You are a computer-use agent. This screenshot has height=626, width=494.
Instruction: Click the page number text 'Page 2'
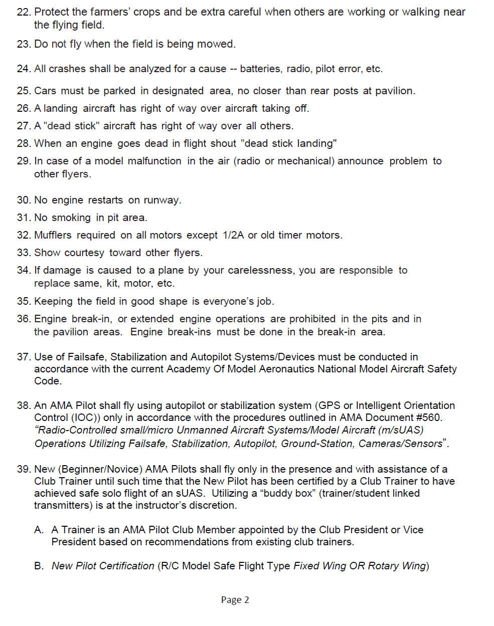(x=235, y=600)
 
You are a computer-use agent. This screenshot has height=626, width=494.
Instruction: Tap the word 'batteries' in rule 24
(x=260, y=69)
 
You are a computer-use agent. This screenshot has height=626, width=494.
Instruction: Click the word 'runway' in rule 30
(x=161, y=200)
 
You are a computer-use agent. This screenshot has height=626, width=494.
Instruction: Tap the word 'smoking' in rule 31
(x=71, y=218)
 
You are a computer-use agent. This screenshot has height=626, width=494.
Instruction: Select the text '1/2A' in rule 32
(x=233, y=235)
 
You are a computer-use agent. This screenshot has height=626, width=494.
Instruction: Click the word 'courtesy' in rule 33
(x=84, y=253)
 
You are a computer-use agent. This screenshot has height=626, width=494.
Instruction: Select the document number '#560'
(x=428, y=418)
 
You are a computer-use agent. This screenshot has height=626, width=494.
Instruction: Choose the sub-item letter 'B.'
(x=39, y=566)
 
